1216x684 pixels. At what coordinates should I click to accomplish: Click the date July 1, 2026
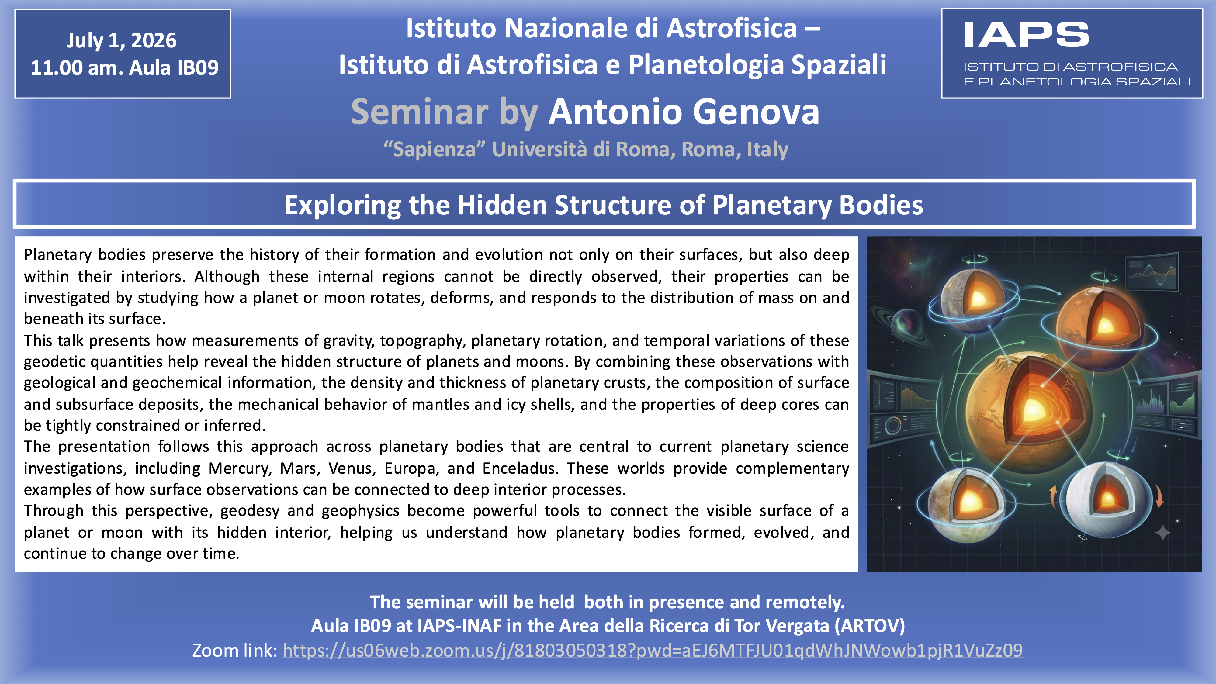click(122, 41)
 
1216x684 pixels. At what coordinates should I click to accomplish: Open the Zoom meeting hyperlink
click(653, 651)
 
